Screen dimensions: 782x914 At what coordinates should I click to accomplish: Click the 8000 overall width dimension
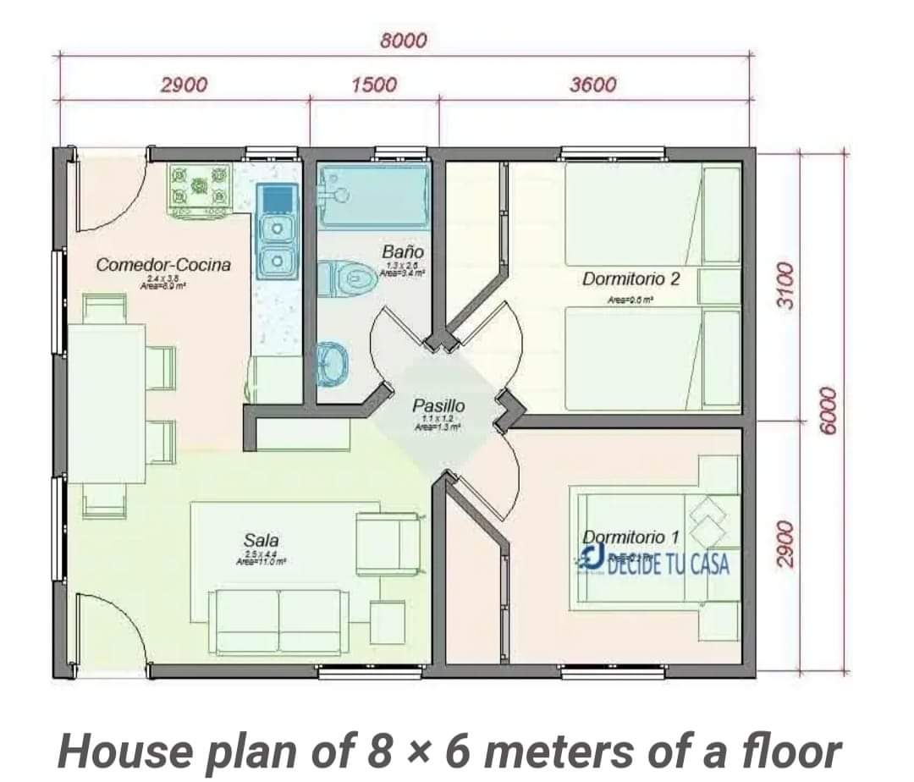404,40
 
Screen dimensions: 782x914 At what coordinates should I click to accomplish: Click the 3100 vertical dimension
786,287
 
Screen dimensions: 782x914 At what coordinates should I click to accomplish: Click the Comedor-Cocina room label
163,264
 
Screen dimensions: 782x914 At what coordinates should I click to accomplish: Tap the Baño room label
402,251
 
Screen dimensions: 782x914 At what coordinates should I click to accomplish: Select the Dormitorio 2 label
630,278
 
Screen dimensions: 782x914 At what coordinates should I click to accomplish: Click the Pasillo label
438,406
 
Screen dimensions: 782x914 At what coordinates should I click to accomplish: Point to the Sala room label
261,540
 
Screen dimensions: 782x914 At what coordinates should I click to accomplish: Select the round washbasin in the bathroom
333,364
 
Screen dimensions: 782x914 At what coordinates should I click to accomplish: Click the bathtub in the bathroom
372,196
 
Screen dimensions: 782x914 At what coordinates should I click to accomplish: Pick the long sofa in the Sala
278,621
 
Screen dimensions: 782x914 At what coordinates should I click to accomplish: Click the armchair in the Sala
388,542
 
